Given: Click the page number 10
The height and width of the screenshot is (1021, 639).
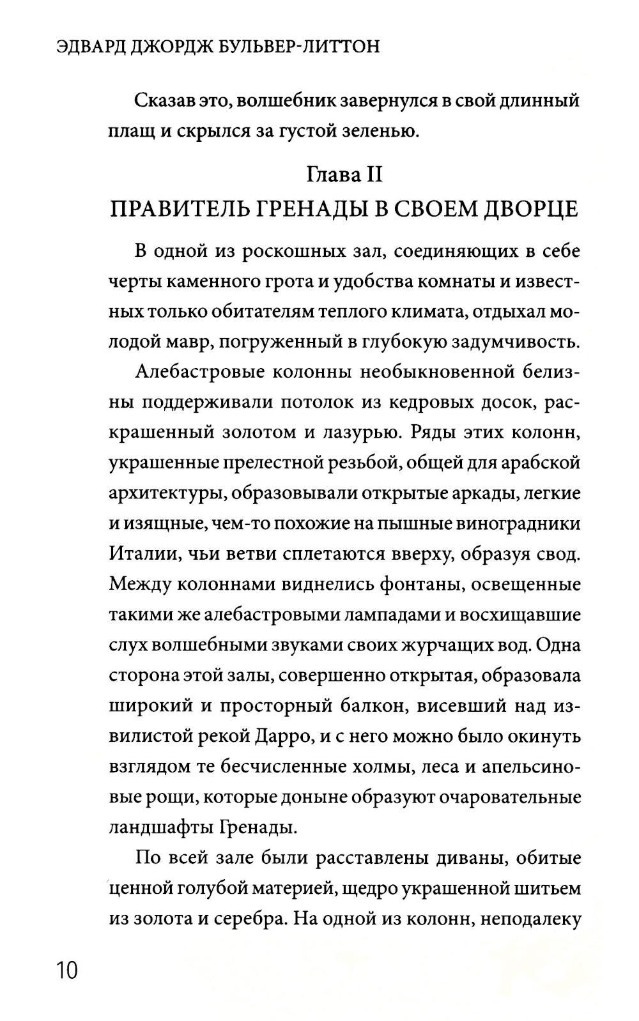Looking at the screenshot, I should (x=66, y=969).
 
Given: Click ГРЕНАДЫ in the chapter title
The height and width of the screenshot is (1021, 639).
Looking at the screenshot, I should (x=309, y=209).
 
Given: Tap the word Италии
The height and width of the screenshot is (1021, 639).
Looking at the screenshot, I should (x=141, y=553).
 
